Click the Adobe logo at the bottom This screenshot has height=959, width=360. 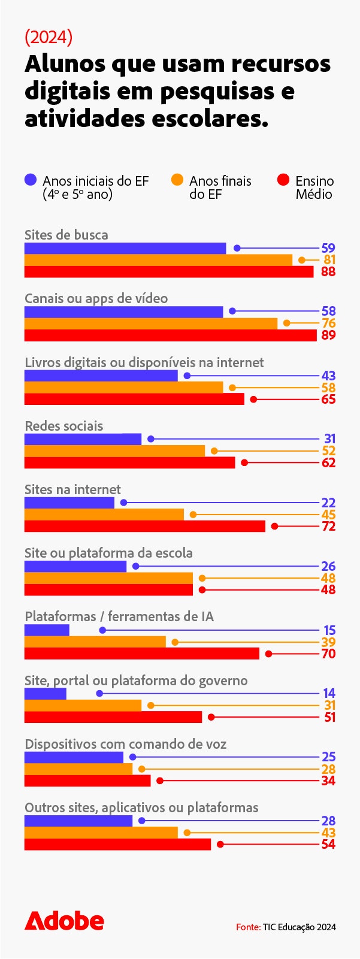coord(64,921)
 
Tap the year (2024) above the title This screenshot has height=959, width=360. coord(49,37)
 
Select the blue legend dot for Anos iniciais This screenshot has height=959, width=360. coord(31,180)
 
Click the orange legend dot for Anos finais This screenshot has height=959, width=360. coord(177,180)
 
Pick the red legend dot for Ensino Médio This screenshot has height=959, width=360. coord(283,180)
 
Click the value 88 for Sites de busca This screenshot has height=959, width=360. coord(328,272)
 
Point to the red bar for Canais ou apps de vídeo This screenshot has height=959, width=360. coord(170,335)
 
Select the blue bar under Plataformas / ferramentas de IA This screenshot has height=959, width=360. coord(47,630)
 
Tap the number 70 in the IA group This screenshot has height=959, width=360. coord(328,654)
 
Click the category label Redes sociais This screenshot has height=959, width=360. coord(63,426)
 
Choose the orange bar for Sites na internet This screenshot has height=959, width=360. coord(104,515)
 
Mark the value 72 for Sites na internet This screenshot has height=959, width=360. coord(328,527)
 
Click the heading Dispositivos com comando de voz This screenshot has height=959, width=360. coord(125,744)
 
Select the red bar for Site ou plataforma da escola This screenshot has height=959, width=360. coord(108,590)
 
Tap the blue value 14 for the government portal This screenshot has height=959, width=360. coord(328,693)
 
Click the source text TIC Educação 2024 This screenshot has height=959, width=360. coord(299,927)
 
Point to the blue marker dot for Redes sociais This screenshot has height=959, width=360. coord(151,439)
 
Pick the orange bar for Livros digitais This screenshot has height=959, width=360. coord(123,388)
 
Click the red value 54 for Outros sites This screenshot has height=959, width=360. coord(328,845)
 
